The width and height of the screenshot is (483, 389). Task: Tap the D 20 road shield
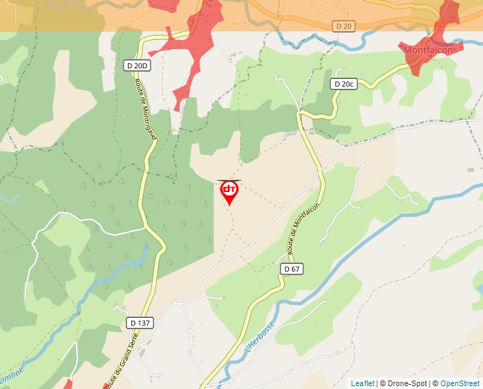point(344,26)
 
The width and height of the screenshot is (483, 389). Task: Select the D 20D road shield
point(137,66)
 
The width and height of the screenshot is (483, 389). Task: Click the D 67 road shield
point(291,269)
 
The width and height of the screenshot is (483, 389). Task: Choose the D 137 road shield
point(141,323)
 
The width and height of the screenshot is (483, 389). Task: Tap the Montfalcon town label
point(428,50)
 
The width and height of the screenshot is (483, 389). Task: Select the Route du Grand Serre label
point(113,363)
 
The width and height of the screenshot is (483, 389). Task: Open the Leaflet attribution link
point(362,383)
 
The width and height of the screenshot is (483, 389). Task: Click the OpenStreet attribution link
point(460,383)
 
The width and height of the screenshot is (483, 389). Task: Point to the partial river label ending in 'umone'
point(11,373)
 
